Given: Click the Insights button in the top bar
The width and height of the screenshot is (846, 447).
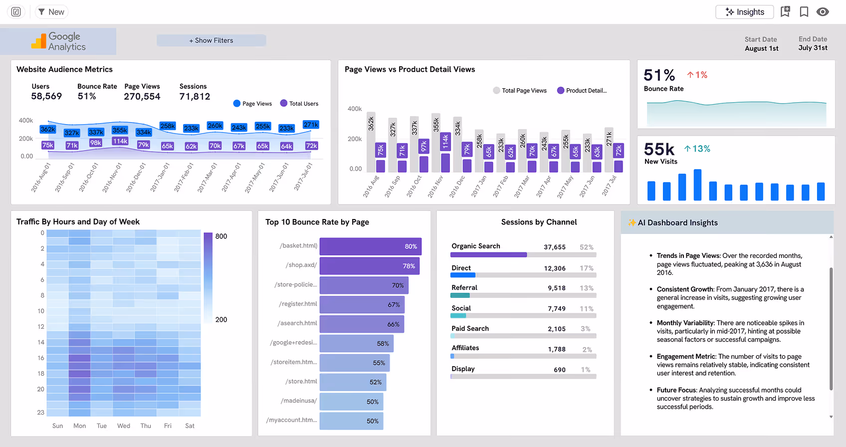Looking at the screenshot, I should click(744, 12).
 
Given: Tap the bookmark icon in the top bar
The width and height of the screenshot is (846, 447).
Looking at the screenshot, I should click(804, 12).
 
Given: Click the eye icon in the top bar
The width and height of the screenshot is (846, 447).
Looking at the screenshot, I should click(823, 12).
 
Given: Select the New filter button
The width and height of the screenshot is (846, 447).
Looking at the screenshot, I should click(51, 12).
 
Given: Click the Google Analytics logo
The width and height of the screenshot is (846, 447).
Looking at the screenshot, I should click(58, 41).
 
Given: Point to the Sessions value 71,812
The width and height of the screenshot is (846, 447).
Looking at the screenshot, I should click(195, 96).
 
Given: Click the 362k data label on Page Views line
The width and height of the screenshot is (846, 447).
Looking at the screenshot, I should click(48, 129).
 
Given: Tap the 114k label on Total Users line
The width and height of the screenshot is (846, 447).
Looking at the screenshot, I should click(120, 141).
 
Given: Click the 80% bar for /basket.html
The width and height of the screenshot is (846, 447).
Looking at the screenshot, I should click(370, 246).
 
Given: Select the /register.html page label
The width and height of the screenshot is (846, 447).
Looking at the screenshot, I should click(298, 304).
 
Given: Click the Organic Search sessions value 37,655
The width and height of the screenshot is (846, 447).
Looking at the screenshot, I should click(554, 247).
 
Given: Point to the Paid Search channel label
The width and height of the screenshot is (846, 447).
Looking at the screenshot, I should click(470, 328).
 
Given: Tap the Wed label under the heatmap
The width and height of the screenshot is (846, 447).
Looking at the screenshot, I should click(124, 426).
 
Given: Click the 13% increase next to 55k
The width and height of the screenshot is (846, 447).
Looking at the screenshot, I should click(697, 149).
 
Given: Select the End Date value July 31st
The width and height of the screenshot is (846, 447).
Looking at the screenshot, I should click(813, 48).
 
